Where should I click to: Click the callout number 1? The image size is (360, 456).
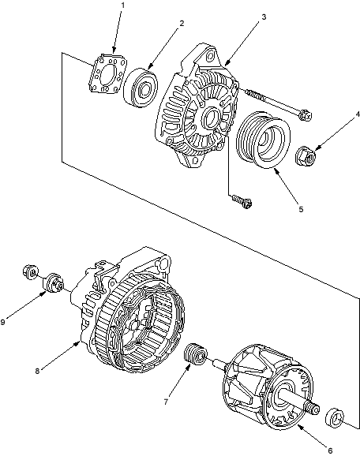click(122, 6)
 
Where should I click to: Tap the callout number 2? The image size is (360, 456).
click(182, 23)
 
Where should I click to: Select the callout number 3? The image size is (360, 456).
click(264, 17)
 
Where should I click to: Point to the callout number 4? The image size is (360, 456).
click(358, 114)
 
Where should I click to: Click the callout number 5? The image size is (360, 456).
click(301, 209)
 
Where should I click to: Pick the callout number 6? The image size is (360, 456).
click(330, 450)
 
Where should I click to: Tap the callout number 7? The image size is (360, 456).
click(166, 402)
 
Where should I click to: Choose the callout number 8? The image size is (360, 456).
click(37, 371)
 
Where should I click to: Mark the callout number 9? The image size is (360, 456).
click(3, 322)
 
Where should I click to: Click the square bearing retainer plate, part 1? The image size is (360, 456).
click(108, 73)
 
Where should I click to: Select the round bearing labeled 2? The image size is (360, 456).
click(141, 88)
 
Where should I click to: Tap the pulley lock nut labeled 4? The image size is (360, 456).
click(306, 156)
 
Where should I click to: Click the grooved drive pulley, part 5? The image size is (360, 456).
click(263, 140)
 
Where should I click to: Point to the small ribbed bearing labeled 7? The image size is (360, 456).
click(196, 354)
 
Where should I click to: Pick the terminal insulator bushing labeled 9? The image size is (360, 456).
click(54, 283)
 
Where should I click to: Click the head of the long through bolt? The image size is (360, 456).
click(306, 114)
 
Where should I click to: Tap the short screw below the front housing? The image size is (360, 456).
click(242, 200)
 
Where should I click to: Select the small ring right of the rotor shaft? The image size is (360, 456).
click(335, 418)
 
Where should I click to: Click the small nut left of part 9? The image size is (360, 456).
click(30, 272)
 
